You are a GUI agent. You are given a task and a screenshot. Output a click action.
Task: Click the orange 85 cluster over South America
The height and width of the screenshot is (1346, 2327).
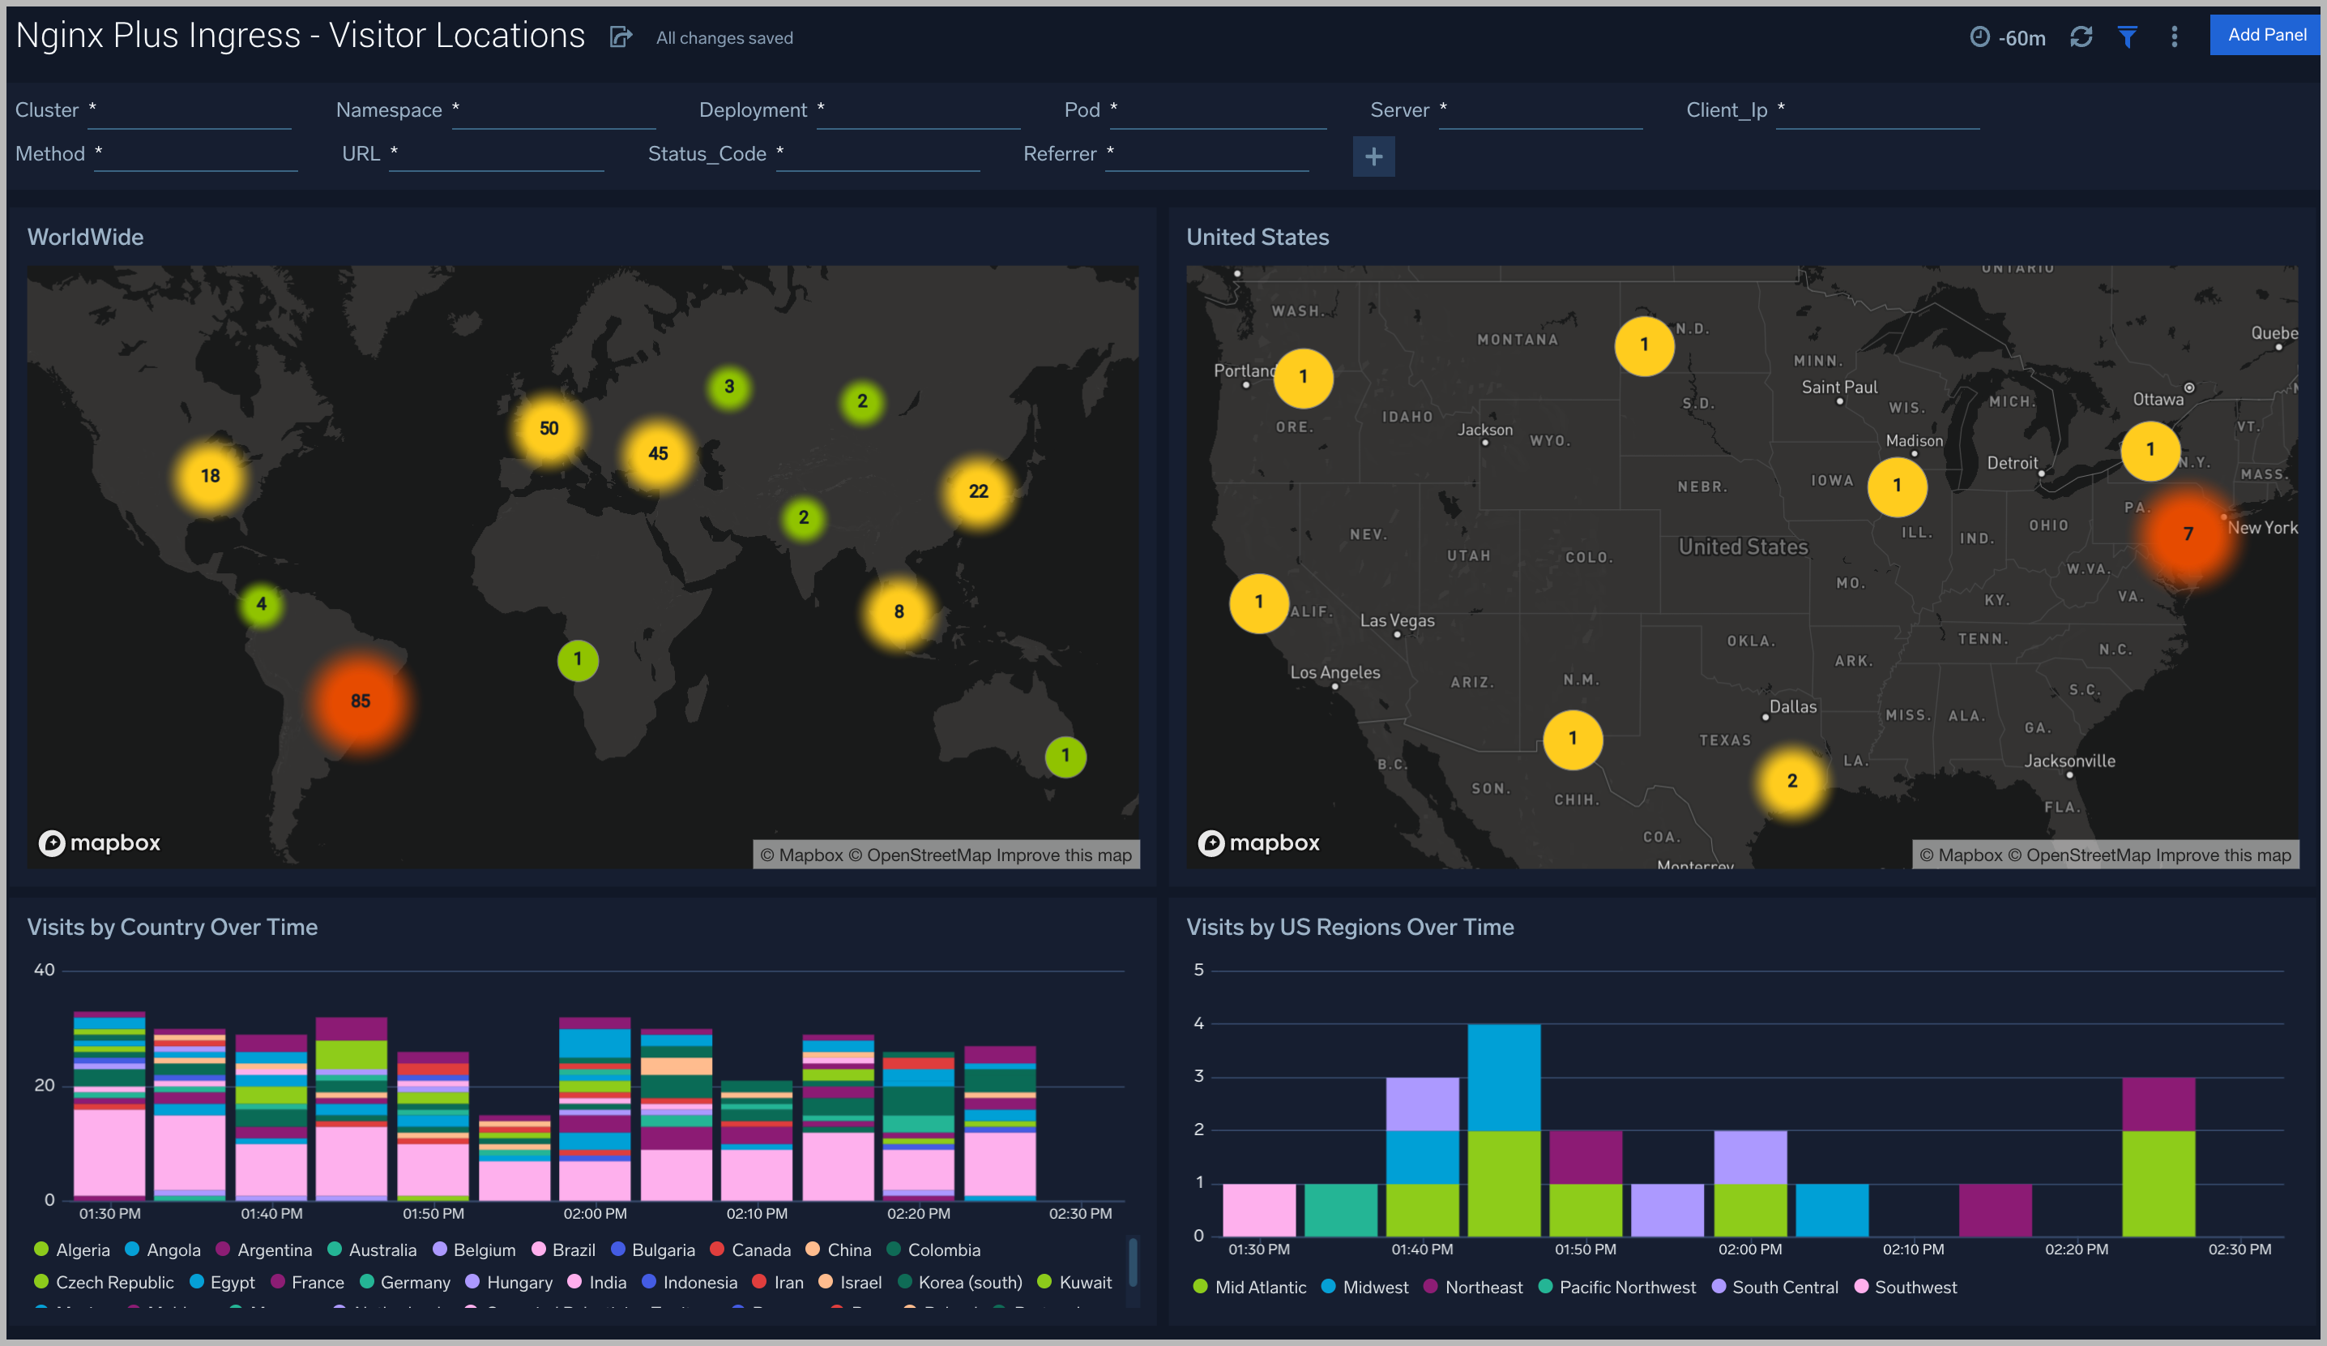point(360,701)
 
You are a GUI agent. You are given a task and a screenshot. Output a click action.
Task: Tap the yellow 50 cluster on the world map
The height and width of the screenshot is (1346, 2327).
point(549,429)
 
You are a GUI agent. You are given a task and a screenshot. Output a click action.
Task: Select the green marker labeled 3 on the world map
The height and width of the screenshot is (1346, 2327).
point(728,387)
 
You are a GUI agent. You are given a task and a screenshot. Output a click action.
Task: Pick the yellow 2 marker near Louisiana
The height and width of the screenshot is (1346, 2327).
point(1791,782)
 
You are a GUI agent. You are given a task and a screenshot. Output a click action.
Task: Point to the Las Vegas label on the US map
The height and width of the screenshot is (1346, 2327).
point(1396,621)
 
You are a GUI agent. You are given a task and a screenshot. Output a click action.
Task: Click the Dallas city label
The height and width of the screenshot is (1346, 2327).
point(1791,707)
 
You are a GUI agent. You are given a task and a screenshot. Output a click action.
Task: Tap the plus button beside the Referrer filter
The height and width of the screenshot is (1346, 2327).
point(1373,157)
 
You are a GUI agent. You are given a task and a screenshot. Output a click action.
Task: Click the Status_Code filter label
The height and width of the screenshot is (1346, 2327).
point(707,154)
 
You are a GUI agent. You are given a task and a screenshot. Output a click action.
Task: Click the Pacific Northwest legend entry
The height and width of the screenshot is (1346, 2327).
point(1626,1287)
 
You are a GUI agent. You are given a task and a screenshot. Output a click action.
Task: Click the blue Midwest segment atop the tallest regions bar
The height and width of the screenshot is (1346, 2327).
point(1503,1076)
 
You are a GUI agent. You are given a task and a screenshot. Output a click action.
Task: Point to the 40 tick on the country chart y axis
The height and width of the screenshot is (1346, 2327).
point(45,970)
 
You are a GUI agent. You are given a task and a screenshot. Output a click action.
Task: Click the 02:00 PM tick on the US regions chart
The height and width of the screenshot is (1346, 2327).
point(1749,1249)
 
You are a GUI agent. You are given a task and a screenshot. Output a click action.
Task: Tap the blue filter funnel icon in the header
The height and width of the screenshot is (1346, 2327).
point(2127,37)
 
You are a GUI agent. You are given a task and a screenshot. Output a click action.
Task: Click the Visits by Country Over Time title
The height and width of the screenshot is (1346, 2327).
point(172,927)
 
